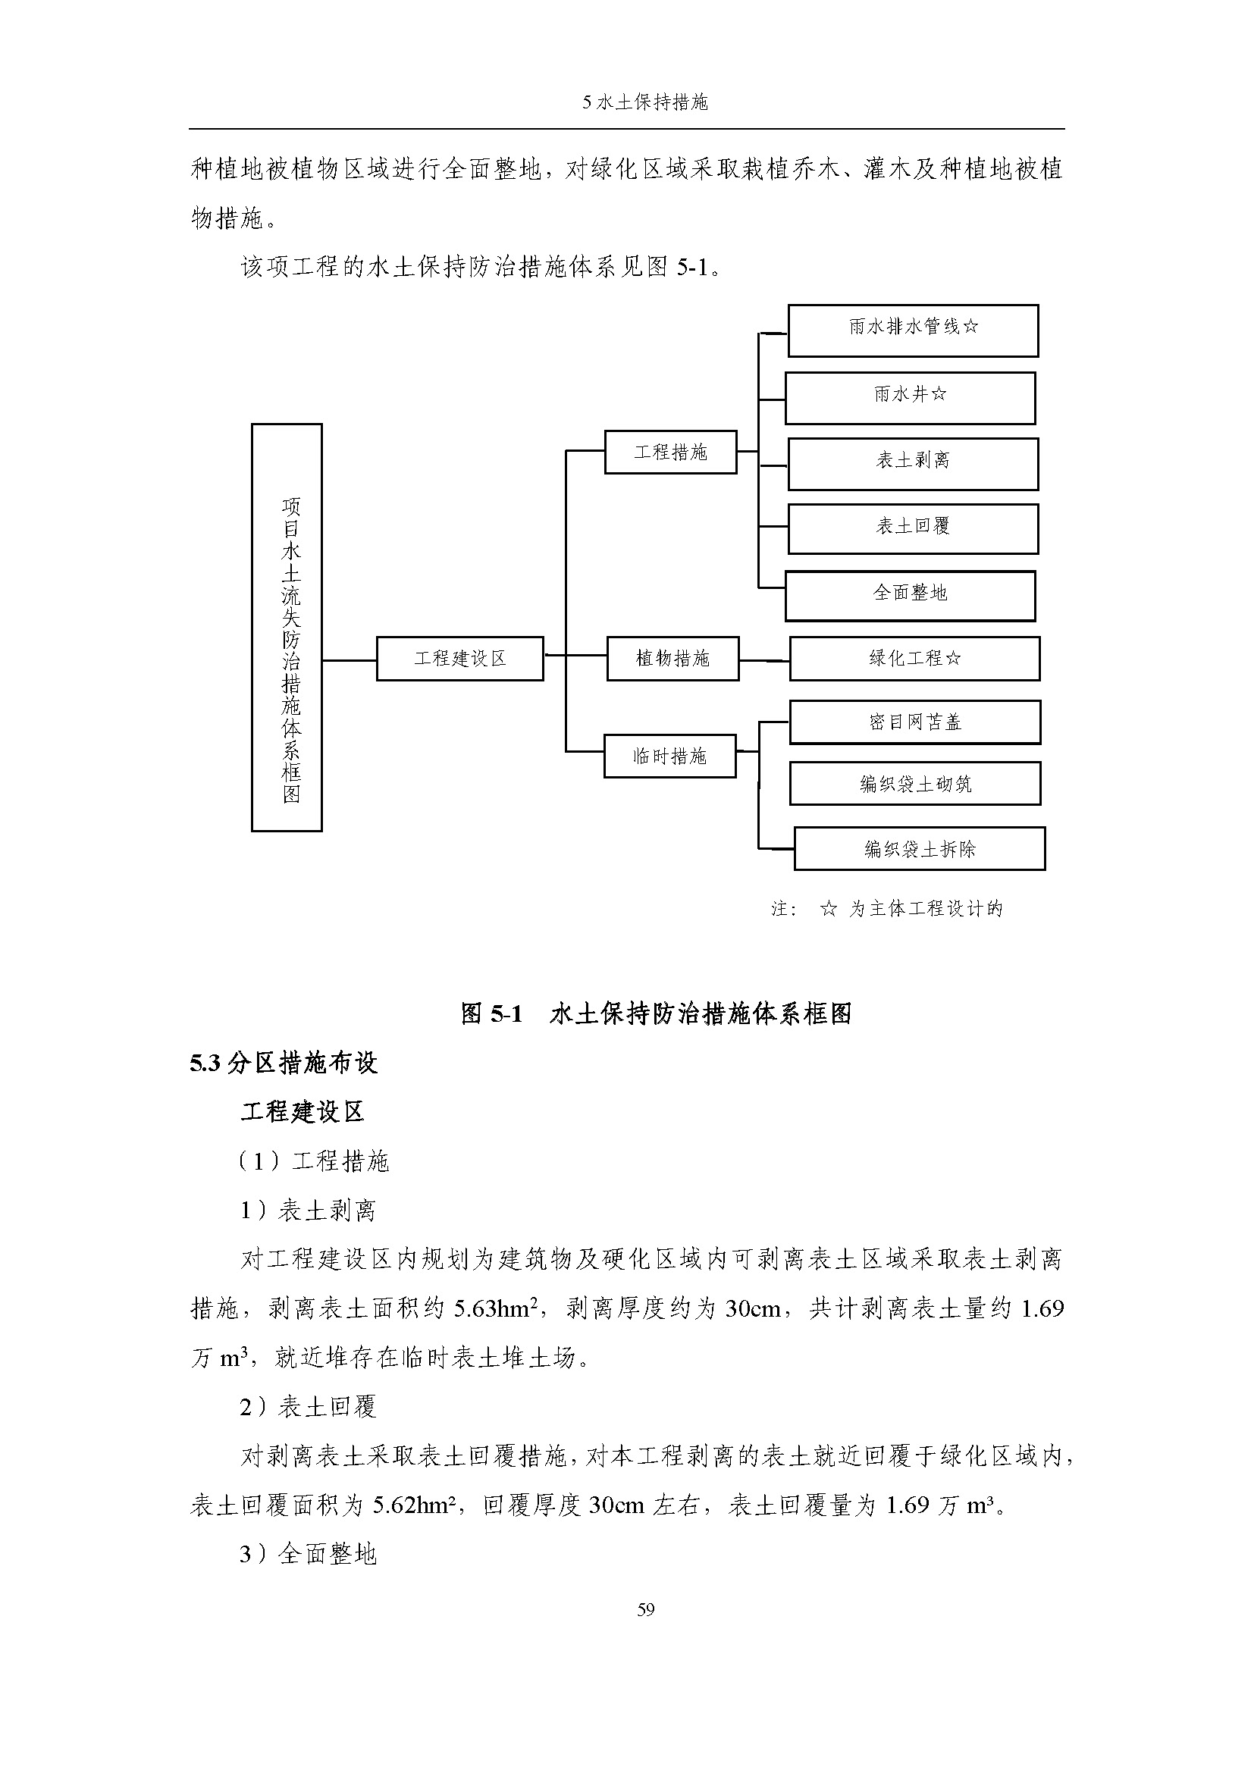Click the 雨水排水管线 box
point(913,330)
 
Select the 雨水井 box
point(910,398)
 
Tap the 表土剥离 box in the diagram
point(913,463)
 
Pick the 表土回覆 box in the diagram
point(913,528)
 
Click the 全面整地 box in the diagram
point(910,595)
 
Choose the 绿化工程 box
point(914,658)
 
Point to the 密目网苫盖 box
point(914,722)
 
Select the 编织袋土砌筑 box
point(914,783)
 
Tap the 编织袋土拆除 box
point(919,848)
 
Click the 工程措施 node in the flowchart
point(670,452)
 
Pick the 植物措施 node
point(672,658)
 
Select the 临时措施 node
point(669,755)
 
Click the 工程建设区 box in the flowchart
point(459,658)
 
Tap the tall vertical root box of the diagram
point(287,627)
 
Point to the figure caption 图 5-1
point(491,1013)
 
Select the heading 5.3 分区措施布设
point(284,1063)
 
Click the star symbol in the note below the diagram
point(828,909)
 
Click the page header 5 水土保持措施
point(645,102)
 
